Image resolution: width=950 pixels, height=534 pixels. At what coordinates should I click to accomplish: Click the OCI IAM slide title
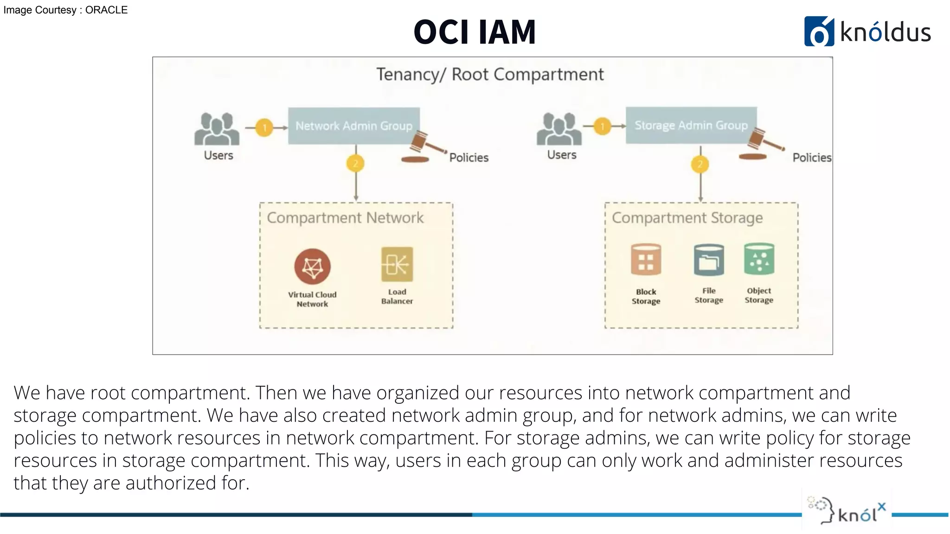[x=475, y=32]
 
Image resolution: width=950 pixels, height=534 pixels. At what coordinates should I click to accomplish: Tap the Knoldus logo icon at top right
[x=819, y=32]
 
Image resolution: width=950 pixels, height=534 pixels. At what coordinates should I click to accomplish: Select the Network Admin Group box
[x=353, y=126]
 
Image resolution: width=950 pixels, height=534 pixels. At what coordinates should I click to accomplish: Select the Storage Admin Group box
[x=691, y=125]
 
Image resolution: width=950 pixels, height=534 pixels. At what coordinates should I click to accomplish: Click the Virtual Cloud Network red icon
[x=312, y=267]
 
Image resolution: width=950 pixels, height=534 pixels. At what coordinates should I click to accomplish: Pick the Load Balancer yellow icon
[x=397, y=264]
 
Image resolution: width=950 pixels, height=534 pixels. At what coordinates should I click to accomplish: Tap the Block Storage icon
[x=646, y=260]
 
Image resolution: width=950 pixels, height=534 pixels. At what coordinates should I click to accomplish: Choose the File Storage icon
[x=708, y=260]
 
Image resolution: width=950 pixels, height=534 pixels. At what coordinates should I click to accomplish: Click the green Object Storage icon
[x=759, y=259]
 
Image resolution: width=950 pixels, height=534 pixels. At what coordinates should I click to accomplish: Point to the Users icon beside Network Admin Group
[x=217, y=129]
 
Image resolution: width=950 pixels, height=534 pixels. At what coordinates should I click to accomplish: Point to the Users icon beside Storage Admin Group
[x=559, y=129]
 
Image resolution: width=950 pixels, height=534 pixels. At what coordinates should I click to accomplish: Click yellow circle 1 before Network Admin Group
[x=264, y=127]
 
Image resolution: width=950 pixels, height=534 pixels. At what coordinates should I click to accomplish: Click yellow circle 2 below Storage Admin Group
[x=700, y=164]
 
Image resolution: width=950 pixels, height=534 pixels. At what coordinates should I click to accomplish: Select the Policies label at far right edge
[x=811, y=158]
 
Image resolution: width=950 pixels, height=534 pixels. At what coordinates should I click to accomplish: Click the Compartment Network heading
[x=345, y=218]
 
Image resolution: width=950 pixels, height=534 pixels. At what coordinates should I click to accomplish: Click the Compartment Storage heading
[x=687, y=218]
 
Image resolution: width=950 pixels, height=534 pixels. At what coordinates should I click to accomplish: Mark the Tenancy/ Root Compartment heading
[x=490, y=75]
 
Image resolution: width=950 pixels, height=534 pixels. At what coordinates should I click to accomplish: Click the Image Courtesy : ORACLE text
[x=65, y=10]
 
